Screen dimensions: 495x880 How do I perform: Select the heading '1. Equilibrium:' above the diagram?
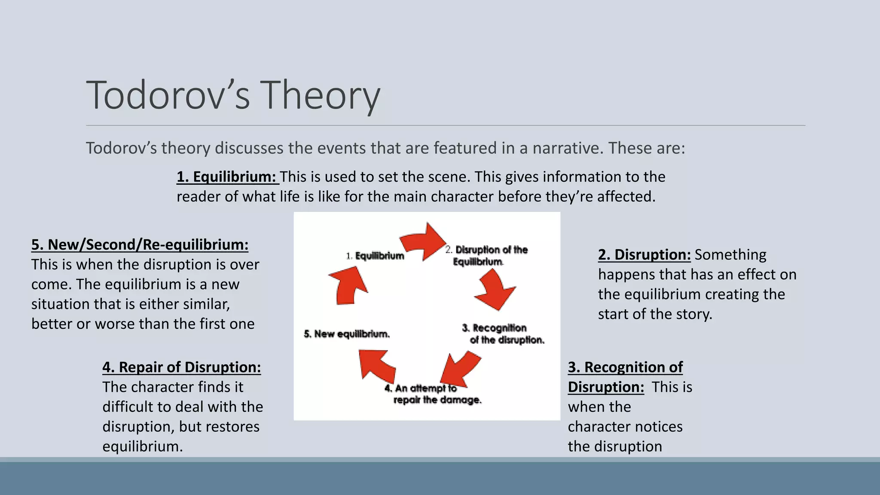(x=227, y=177)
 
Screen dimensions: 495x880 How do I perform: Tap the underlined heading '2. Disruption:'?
(x=644, y=255)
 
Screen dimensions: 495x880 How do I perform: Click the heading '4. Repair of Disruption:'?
(x=181, y=367)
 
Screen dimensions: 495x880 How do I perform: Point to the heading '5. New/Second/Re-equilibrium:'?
(x=140, y=245)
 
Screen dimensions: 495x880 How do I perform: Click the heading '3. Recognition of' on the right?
(x=625, y=367)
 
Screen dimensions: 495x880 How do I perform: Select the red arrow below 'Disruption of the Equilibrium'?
(x=495, y=292)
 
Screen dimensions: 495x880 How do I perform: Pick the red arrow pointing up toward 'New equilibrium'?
(x=376, y=365)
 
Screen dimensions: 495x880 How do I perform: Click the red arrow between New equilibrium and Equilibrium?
(x=348, y=285)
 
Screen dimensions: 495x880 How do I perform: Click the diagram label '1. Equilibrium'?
(x=376, y=256)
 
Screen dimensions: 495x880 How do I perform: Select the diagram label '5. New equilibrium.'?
(x=347, y=334)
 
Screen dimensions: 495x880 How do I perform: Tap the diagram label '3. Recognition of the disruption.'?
(x=503, y=334)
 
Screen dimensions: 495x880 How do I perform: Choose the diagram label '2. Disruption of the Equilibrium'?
(x=486, y=256)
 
